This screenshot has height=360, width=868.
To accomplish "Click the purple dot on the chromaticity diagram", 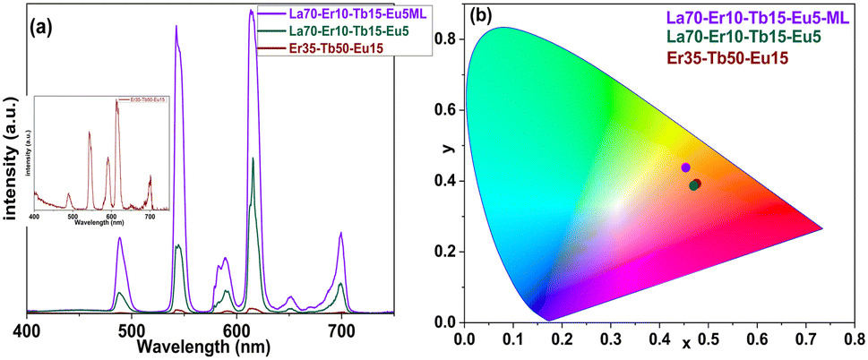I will pyautogui.click(x=686, y=167).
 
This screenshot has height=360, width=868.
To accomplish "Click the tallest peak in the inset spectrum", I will pyautogui.click(x=116, y=101).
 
